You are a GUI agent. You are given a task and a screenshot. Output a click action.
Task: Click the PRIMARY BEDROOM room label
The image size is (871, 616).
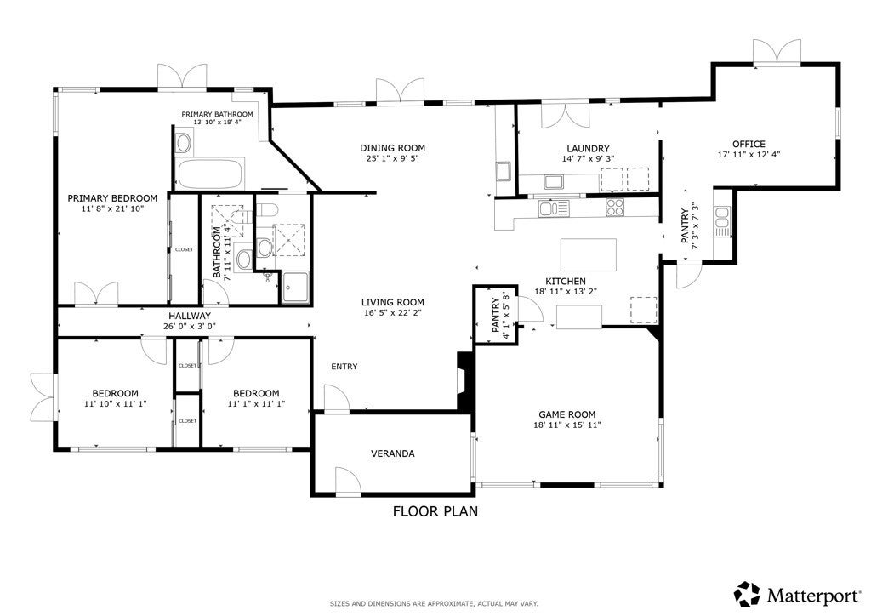tap(112, 198)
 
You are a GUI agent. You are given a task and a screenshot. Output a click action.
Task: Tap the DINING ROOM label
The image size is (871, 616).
tap(392, 148)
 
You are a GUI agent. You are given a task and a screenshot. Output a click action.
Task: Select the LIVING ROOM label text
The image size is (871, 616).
tap(392, 302)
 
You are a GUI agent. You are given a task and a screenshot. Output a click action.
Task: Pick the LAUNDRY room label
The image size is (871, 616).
tap(588, 149)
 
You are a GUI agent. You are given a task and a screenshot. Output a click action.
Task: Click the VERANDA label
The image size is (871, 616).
tap(392, 453)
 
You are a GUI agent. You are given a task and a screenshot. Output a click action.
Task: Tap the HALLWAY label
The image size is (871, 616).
tap(189, 316)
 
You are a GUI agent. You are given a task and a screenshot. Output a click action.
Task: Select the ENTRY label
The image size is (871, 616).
tap(344, 367)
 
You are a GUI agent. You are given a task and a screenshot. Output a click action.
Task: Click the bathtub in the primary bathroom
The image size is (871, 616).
tap(210, 174)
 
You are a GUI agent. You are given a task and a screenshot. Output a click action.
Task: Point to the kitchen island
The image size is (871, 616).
tap(588, 254)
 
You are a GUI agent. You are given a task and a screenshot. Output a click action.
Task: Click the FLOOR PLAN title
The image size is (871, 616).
tap(435, 511)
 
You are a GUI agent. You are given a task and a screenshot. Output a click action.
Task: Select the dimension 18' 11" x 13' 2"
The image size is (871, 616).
tap(566, 291)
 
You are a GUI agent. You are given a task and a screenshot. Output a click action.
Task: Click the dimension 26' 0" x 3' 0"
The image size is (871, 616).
tap(189, 326)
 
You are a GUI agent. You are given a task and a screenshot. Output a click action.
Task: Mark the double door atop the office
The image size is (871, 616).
tap(777, 53)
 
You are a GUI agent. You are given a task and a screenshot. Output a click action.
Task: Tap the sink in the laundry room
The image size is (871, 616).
tap(555, 181)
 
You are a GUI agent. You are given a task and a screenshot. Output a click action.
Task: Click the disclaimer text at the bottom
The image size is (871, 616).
tap(434, 603)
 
